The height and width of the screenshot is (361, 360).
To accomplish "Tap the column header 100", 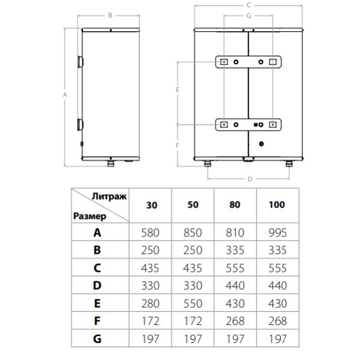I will pos(277,205).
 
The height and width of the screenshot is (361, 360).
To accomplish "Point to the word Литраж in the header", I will pos(109,196).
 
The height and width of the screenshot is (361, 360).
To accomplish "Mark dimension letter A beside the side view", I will pos(64,94).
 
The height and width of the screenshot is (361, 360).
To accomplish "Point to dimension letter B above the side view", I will pos(110,16).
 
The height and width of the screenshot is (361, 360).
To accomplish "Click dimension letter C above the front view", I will pos(248,5).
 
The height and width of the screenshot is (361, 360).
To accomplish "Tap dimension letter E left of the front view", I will pos(178,90).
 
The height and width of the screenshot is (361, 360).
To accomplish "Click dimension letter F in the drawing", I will pos(178,146).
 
